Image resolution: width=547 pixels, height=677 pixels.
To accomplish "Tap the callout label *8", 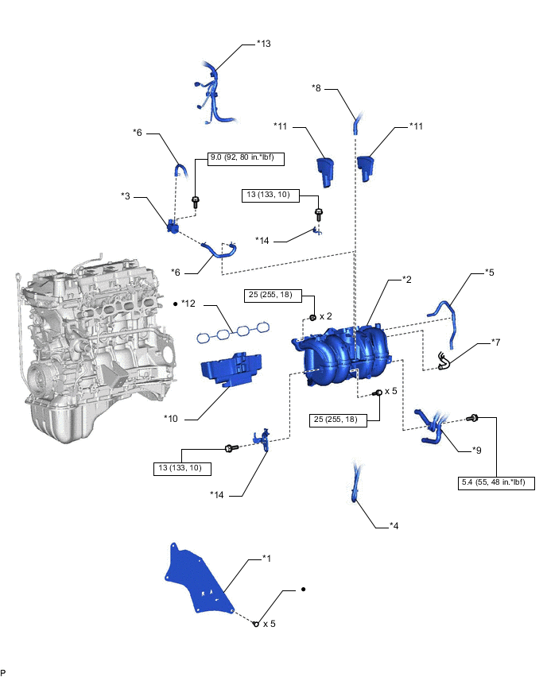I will (316, 88).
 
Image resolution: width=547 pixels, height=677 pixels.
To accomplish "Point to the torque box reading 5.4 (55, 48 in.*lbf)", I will (498, 482).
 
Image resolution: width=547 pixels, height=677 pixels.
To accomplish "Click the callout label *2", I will (405, 280).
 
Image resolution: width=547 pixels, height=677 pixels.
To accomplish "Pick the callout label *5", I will (490, 273).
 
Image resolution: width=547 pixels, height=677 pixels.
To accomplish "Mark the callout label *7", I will (496, 342).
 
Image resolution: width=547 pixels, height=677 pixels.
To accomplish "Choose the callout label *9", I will (475, 451).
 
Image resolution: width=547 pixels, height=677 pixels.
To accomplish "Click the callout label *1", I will (267, 559).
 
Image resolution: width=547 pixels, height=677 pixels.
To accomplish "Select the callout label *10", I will (171, 418).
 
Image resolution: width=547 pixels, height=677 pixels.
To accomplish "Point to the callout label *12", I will (188, 304).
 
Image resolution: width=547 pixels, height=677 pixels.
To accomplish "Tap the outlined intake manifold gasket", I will (233, 331).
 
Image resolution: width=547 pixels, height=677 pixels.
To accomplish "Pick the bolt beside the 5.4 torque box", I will (473, 417).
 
